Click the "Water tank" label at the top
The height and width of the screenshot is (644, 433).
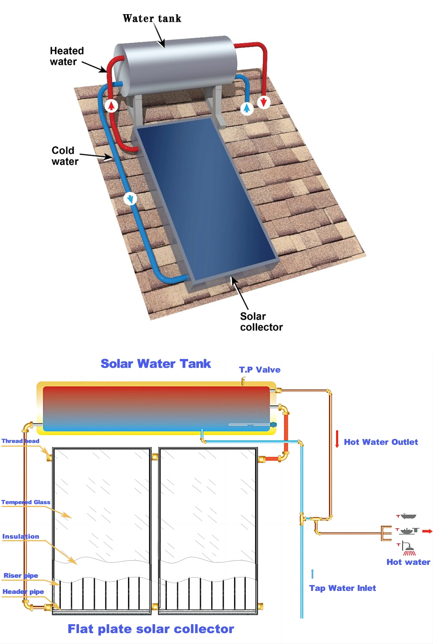pos(152,19)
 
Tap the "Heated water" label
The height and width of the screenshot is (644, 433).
pos(67,56)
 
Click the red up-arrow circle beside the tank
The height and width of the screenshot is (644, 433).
pos(111,105)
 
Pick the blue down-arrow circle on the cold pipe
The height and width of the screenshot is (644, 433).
pos(130,199)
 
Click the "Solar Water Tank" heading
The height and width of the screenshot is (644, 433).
pos(156,364)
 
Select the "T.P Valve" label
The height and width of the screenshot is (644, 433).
pos(260,370)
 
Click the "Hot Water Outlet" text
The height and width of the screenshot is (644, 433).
pos(381,442)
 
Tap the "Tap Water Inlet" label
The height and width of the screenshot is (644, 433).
pos(342,588)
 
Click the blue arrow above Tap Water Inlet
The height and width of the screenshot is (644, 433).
pos(312,574)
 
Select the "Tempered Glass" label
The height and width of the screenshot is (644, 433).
pos(26,502)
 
